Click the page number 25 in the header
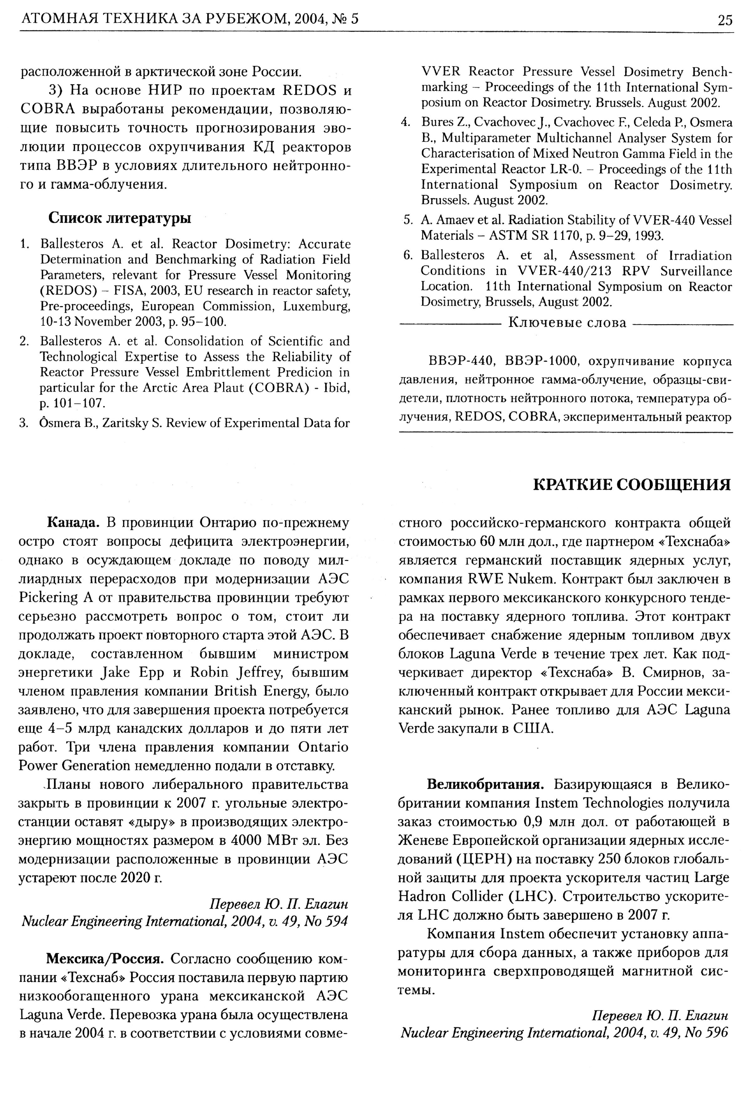725,20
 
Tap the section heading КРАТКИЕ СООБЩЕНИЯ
631,485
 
